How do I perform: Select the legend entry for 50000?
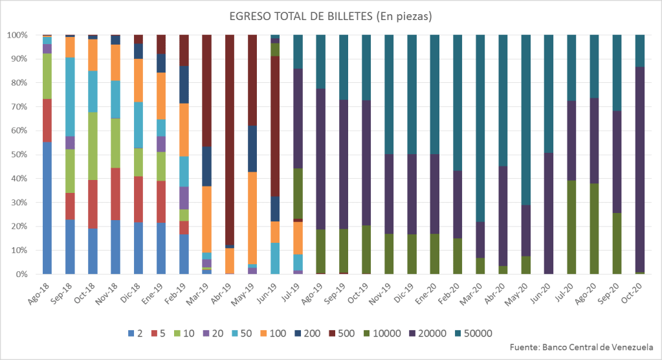[x=479, y=334]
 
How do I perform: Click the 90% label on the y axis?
[x=19, y=59]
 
